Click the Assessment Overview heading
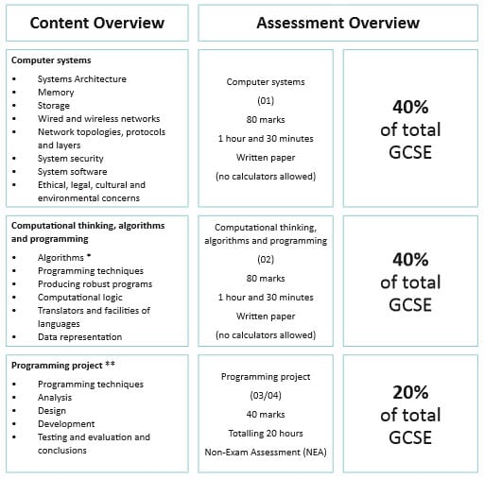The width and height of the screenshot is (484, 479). point(338,23)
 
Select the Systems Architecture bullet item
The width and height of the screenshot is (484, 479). point(81,79)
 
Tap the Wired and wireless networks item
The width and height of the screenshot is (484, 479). point(92,119)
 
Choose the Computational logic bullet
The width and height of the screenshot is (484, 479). point(82,297)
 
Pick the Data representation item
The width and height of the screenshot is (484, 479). point(79,336)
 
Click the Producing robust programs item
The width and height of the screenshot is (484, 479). point(95,283)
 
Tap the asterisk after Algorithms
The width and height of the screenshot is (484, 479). point(89,256)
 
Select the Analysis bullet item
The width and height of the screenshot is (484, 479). point(56,398)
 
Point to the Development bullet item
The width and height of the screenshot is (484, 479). point(65,424)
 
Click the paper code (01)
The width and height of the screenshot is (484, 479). point(265,99)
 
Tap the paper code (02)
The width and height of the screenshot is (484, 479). point(265,259)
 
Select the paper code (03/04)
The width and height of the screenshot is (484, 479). point(265,395)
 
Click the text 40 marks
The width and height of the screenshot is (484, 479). point(265,414)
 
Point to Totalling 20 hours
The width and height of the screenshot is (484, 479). point(265,433)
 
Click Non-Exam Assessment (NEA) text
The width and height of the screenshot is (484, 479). point(265,452)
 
